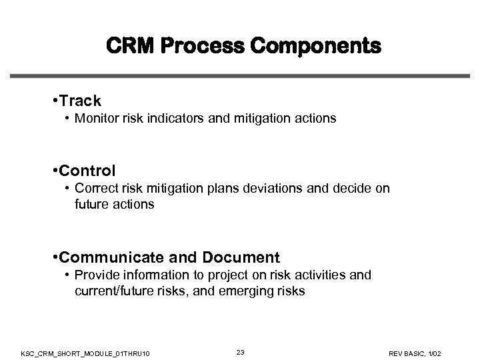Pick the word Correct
[95, 189]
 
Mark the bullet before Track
[53, 101]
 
